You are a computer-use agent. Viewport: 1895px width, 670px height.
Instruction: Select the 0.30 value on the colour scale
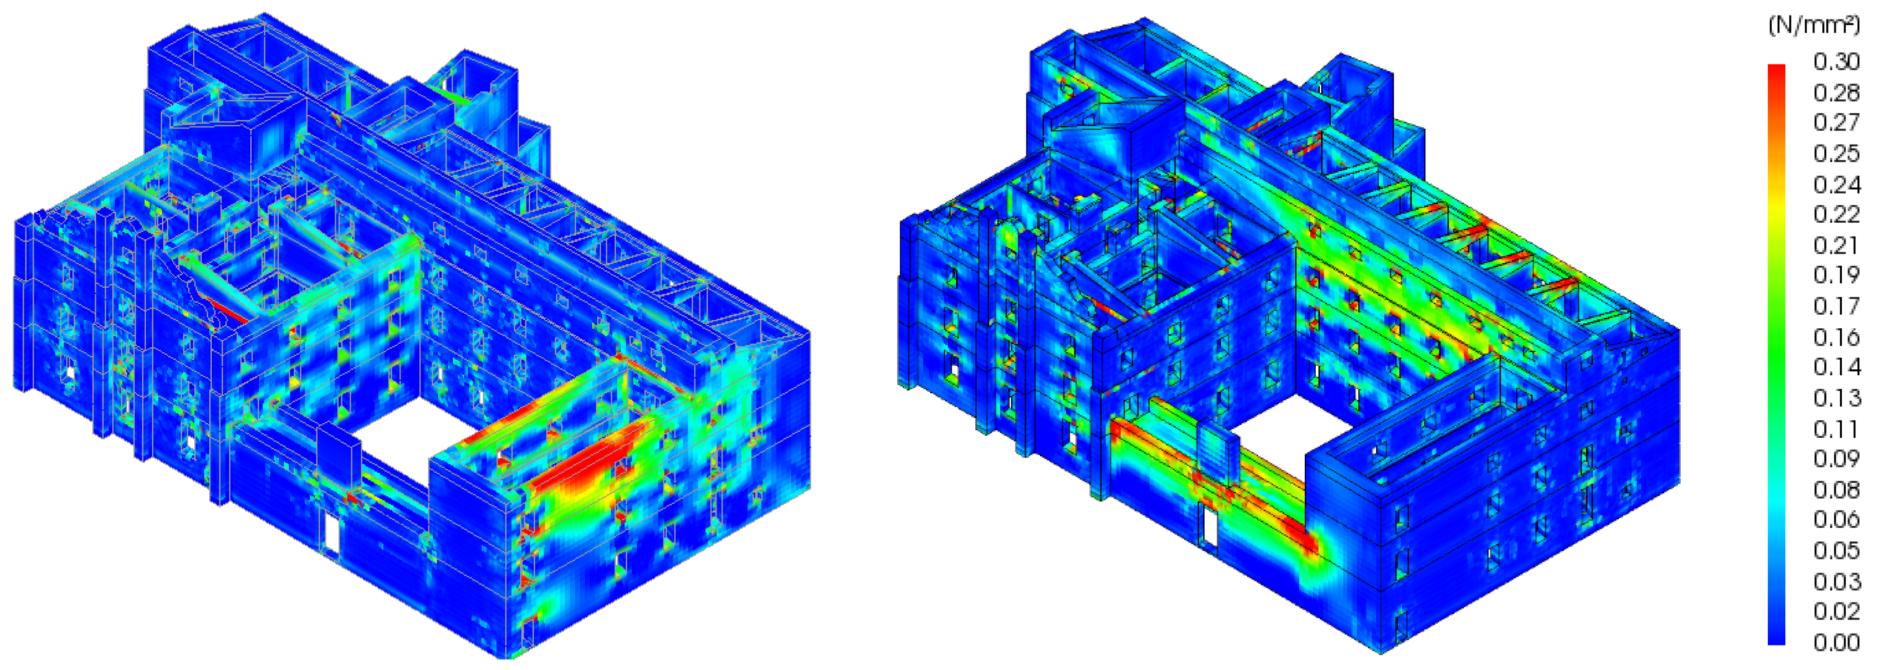pyautogui.click(x=1836, y=61)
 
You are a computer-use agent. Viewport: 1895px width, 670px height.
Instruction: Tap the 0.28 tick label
pyautogui.click(x=1836, y=93)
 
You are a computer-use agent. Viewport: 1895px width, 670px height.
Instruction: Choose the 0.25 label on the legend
pyautogui.click(x=1836, y=153)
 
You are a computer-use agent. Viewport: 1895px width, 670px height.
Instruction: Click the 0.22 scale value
pyautogui.click(x=1836, y=214)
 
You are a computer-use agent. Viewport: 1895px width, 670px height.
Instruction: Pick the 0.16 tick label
pyautogui.click(x=1836, y=337)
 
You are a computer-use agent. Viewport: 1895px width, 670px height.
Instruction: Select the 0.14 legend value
pyautogui.click(x=1836, y=366)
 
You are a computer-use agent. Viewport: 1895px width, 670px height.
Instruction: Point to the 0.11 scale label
pyautogui.click(x=1836, y=429)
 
